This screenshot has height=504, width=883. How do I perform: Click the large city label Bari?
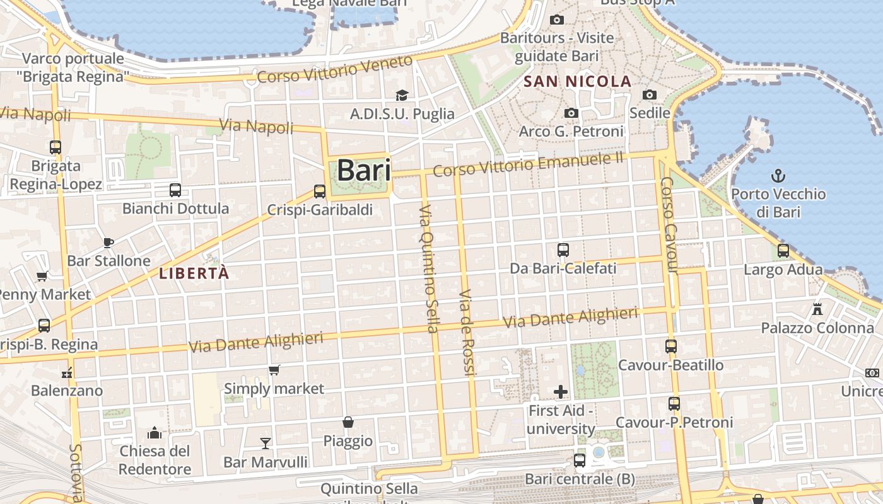click(x=363, y=171)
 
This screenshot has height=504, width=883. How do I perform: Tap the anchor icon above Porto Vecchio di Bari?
click(x=778, y=175)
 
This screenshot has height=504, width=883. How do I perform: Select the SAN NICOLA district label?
click(x=577, y=81)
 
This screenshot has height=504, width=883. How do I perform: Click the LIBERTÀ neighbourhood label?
click(x=194, y=273)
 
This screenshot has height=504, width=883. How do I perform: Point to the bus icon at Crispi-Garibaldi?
click(x=320, y=192)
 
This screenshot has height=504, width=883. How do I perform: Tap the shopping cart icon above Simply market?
click(x=274, y=370)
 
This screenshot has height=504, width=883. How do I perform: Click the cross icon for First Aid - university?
click(x=560, y=392)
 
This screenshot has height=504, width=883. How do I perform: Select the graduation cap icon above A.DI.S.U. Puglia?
click(x=402, y=95)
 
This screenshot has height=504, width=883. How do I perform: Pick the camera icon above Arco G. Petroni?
click(x=571, y=113)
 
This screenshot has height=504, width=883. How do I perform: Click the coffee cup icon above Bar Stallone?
click(x=108, y=243)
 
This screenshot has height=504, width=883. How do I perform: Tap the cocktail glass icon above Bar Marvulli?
click(x=266, y=444)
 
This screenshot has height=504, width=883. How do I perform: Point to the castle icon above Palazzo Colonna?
click(x=817, y=309)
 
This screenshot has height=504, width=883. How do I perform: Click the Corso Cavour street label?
click(x=669, y=226)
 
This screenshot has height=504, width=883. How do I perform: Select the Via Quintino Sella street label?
click(x=428, y=268)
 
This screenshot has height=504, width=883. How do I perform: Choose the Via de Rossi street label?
click(x=467, y=333)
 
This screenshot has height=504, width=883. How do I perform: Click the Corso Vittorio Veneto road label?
click(x=335, y=70)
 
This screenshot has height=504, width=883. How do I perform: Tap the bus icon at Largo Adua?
click(x=783, y=251)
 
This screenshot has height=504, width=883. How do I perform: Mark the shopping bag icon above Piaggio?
click(x=348, y=422)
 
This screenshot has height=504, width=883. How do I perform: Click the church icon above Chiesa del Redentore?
click(x=155, y=433)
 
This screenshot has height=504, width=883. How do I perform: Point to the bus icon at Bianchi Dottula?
click(x=175, y=190)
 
